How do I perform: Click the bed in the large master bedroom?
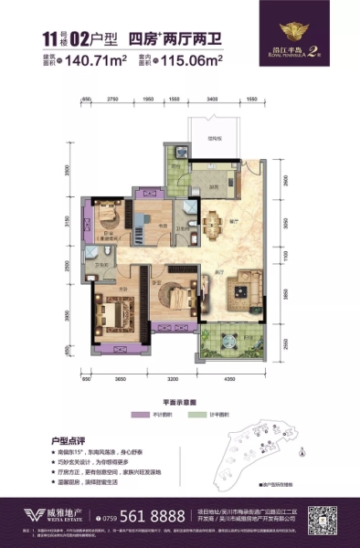[116, 316]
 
